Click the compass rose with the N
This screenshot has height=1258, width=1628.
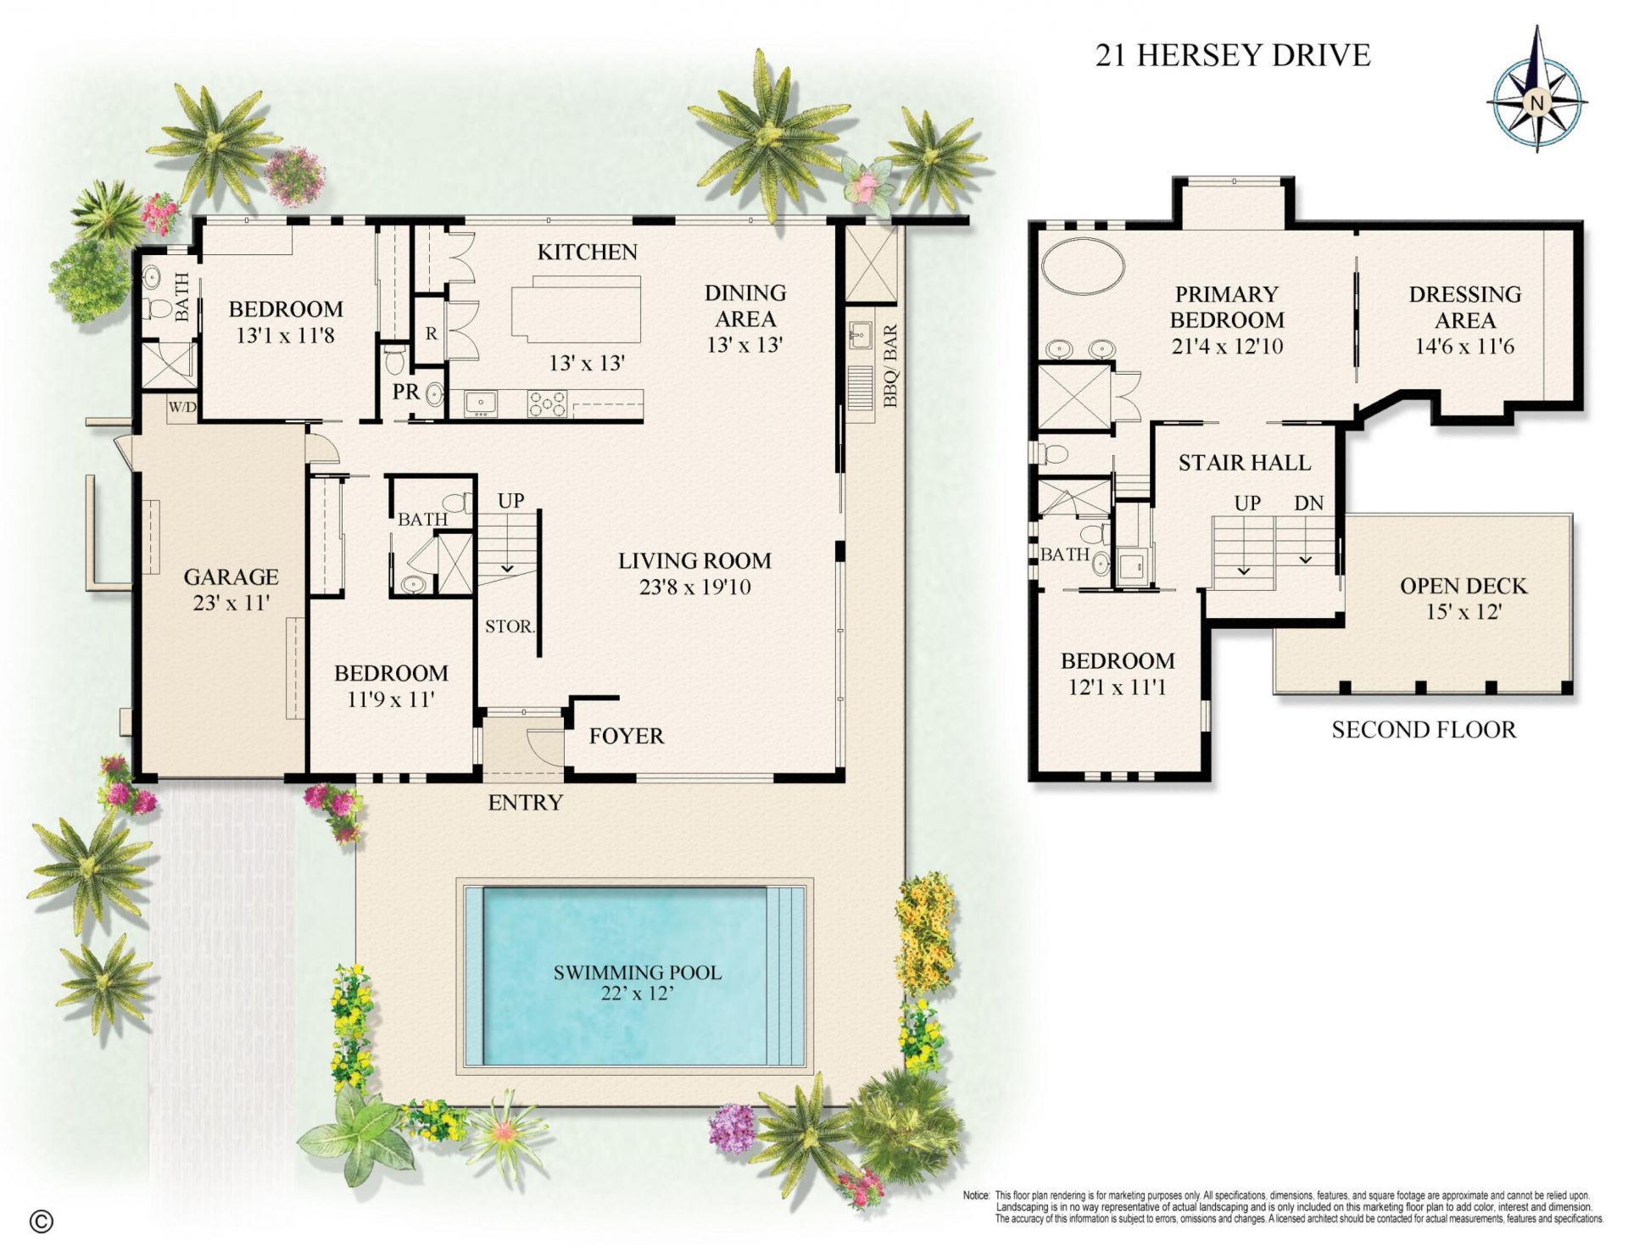[1536, 103]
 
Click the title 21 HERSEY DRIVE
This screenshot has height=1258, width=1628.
[1233, 55]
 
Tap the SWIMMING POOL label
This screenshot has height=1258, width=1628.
[638, 972]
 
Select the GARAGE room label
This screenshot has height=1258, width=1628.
[231, 577]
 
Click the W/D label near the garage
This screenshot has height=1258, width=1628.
[181, 408]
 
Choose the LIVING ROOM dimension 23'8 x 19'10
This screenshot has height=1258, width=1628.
[694, 587]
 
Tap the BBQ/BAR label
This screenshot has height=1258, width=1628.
[889, 366]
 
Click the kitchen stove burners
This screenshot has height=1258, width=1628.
[547, 404]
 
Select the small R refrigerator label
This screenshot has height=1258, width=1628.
[431, 334]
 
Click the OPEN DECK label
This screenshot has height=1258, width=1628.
[1463, 586]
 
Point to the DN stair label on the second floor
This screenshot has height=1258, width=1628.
[1308, 503]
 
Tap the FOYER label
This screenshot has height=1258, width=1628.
[626, 736]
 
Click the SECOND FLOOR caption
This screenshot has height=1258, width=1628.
[1423, 730]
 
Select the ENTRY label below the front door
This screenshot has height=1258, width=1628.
[525, 802]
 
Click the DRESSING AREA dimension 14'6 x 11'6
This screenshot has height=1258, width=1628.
[1464, 347]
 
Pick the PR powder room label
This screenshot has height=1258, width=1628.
[405, 392]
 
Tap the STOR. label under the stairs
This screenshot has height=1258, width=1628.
[509, 626]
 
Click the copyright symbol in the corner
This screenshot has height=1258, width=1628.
[41, 1221]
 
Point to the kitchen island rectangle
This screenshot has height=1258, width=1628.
[576, 309]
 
